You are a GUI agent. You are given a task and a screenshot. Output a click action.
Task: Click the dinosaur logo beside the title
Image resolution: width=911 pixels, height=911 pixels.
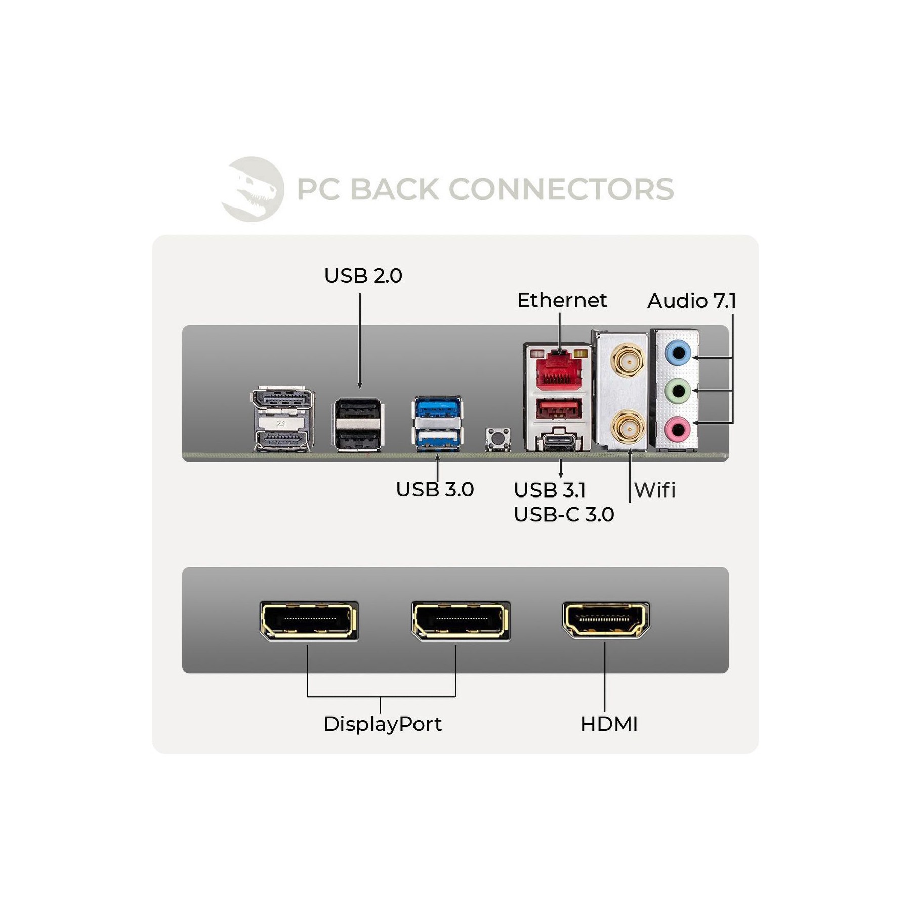(253, 189)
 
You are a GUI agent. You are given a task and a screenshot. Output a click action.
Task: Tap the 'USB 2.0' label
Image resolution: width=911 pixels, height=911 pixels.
(363, 276)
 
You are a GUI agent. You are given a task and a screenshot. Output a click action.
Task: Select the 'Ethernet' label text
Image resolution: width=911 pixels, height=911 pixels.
(562, 300)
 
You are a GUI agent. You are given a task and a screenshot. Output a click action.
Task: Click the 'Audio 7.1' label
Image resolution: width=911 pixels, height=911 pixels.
(692, 301)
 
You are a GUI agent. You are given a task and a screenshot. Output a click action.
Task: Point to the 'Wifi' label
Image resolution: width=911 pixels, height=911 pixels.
(655, 490)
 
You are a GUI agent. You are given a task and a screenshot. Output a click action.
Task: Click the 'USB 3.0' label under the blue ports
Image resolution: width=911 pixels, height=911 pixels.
(435, 489)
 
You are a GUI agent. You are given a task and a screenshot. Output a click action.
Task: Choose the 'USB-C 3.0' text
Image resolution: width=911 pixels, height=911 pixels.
(564, 514)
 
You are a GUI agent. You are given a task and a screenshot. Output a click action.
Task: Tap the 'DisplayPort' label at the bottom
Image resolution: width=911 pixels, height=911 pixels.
(383, 724)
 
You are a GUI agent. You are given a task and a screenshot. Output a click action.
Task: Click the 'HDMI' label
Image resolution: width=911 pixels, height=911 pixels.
(609, 724)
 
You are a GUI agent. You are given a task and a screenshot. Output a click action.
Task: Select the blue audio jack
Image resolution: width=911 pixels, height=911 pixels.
(677, 352)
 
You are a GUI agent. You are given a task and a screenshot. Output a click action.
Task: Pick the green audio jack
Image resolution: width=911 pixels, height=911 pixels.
(677, 391)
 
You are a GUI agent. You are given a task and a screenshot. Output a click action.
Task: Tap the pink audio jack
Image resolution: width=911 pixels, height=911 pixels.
(677, 430)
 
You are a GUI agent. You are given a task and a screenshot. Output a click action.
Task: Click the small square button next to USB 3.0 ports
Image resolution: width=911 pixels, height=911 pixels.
(498, 438)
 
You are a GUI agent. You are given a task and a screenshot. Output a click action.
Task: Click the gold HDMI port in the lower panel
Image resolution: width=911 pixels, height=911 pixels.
(606, 620)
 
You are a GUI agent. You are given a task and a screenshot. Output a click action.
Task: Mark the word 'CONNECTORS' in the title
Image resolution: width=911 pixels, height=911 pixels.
(561, 189)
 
